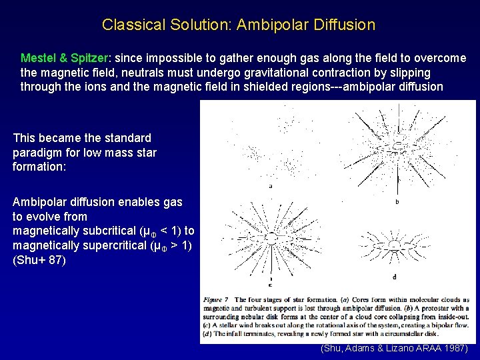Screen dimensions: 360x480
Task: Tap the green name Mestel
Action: click(x=39, y=58)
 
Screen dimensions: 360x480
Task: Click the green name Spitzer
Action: click(x=87, y=58)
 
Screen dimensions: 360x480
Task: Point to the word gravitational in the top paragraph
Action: click(x=293, y=73)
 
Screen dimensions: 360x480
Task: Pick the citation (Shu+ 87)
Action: click(x=39, y=260)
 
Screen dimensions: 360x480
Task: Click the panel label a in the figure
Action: click(x=270, y=186)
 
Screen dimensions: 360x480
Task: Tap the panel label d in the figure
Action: click(x=394, y=277)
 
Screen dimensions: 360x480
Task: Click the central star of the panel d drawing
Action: click(x=396, y=245)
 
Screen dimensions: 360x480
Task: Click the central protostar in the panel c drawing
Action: click(x=273, y=237)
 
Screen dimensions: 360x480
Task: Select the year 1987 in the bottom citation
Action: click(x=455, y=349)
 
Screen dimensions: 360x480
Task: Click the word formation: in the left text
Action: click(x=39, y=167)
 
